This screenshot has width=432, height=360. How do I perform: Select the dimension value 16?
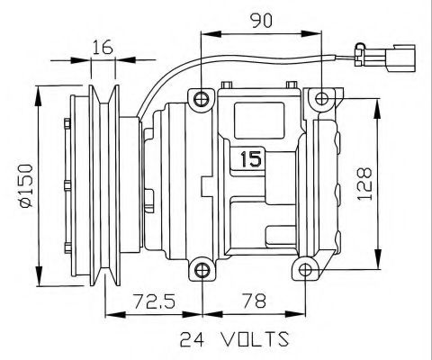(x=101, y=48)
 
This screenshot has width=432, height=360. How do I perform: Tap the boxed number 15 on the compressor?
(x=249, y=160)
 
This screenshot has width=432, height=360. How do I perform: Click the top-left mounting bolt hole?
(x=202, y=97)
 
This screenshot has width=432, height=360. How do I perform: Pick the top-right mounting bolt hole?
(x=320, y=98)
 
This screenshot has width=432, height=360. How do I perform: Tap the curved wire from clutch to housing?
(x=180, y=72)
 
